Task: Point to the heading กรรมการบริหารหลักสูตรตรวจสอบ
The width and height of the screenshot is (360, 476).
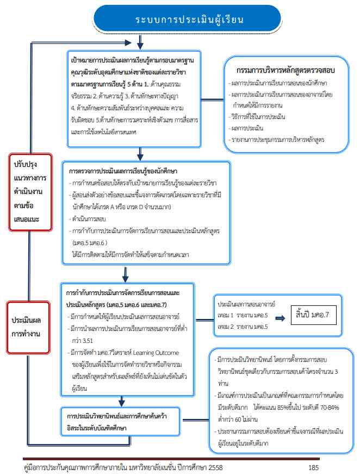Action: tap(285, 71)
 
